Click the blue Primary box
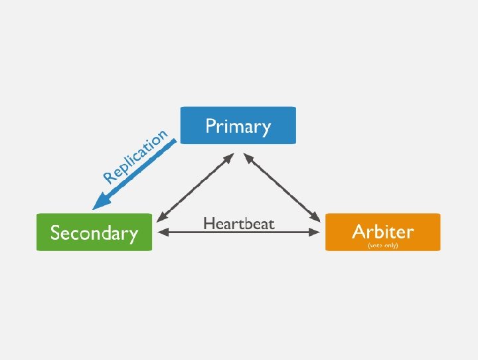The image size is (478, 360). [x=238, y=125]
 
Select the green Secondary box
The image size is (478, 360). [x=94, y=232]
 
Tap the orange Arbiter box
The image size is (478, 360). [x=382, y=232]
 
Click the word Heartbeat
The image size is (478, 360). [x=238, y=223]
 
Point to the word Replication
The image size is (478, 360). [x=135, y=156]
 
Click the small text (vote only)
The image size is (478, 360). [x=383, y=245]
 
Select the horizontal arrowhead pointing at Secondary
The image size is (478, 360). [x=162, y=232]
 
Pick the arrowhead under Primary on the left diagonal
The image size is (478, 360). [x=229, y=157]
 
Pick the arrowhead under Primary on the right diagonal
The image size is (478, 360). [x=248, y=157]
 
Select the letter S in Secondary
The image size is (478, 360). [x=56, y=233]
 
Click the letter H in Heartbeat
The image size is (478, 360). [x=208, y=223]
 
